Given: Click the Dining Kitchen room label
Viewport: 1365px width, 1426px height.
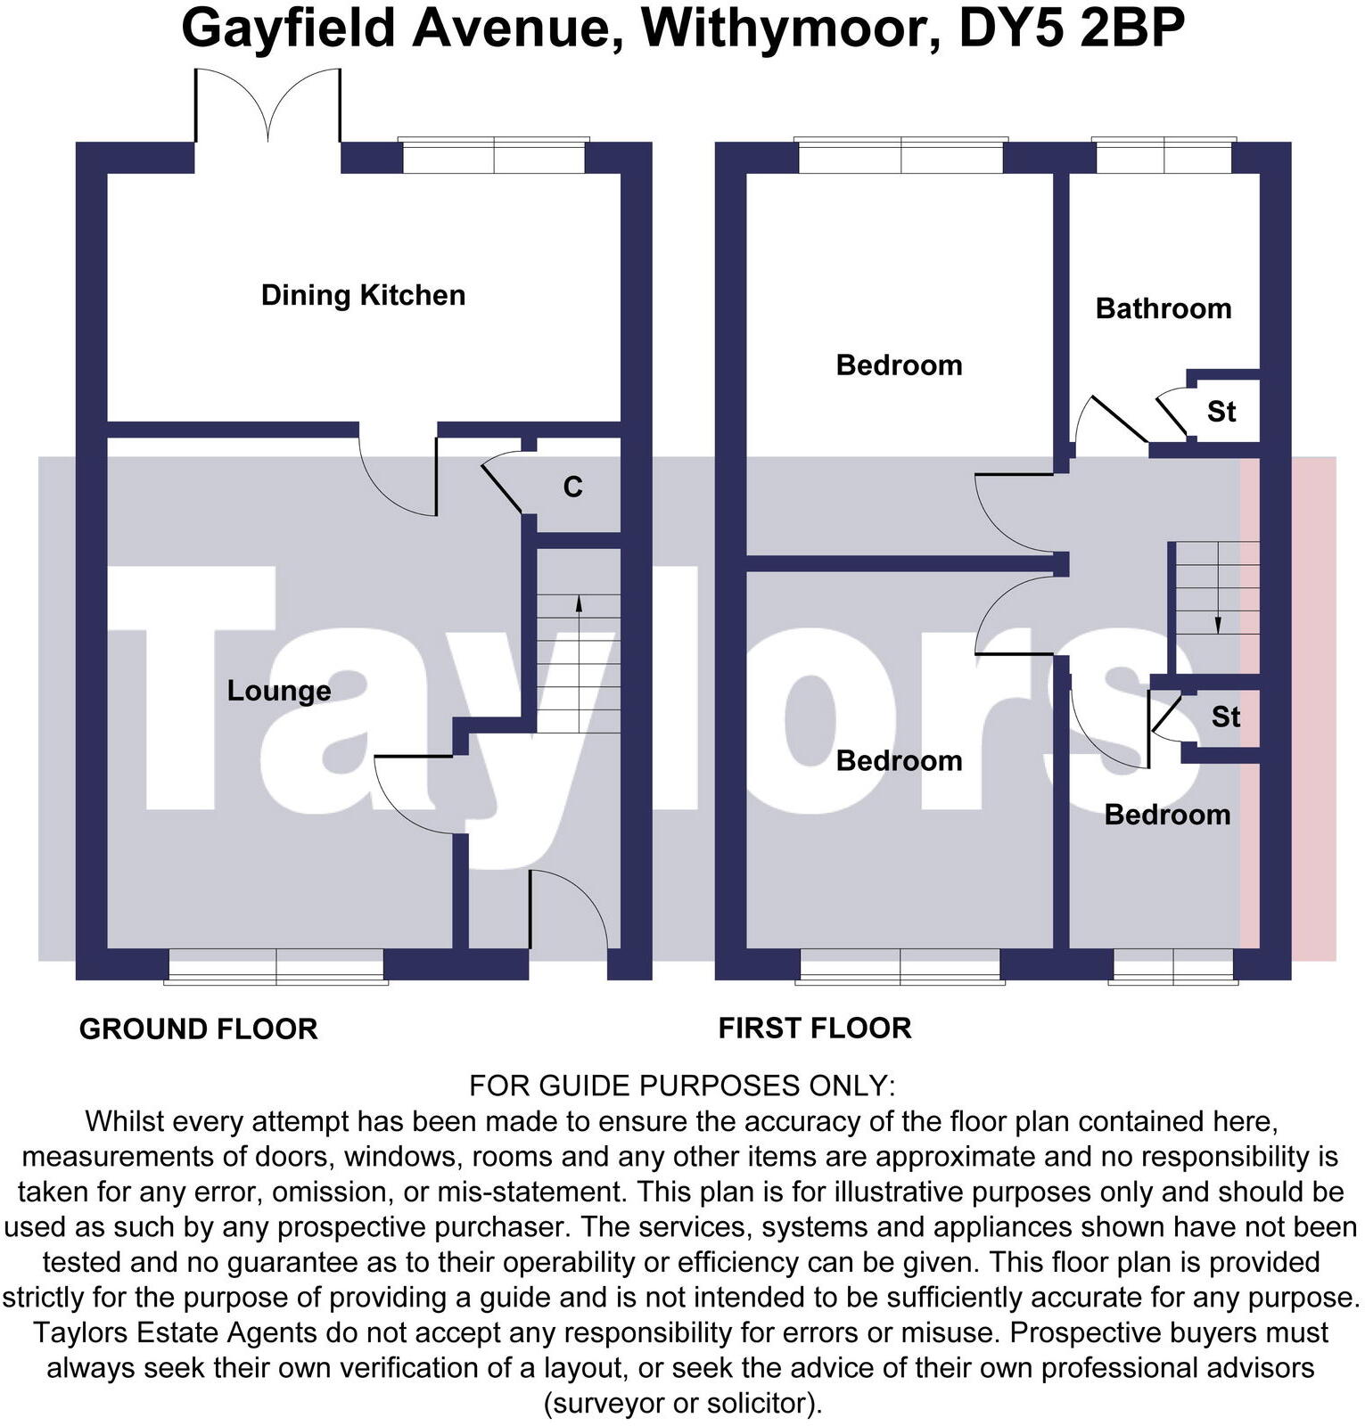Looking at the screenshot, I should [x=363, y=295].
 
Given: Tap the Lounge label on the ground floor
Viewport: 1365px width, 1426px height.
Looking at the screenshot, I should [x=278, y=691].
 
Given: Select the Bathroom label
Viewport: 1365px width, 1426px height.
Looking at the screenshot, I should [x=1163, y=308].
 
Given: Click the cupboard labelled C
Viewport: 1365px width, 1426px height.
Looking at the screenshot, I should [x=572, y=487].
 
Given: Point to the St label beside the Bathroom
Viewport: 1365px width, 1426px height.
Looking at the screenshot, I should [x=1221, y=412].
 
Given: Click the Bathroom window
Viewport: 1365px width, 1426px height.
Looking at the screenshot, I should [x=1164, y=157].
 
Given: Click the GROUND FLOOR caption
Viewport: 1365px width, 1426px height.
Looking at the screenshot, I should [x=198, y=1029].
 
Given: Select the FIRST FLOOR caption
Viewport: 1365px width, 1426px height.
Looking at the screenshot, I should [x=815, y=1028].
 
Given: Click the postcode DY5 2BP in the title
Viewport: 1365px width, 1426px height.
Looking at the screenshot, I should [x=1071, y=29].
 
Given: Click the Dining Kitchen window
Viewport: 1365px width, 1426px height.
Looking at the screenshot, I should [x=494, y=157].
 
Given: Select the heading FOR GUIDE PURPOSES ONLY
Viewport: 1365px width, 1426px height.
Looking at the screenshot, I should [x=682, y=1086].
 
